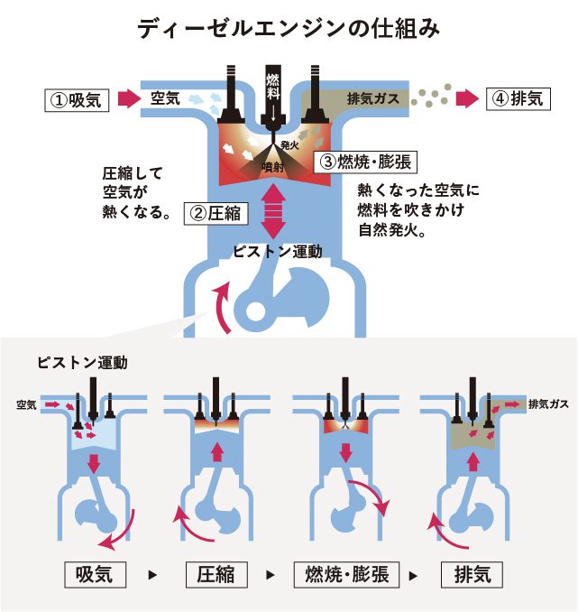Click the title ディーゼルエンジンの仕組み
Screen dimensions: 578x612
click(289, 29)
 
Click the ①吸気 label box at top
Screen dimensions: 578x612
click(77, 100)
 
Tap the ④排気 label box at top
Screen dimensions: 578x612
click(518, 98)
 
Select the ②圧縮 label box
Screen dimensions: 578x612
click(216, 214)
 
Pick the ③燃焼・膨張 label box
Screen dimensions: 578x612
click(365, 162)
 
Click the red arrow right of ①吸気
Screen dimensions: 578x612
click(129, 98)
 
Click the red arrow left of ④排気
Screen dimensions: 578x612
click(468, 98)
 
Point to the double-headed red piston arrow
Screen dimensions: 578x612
click(273, 210)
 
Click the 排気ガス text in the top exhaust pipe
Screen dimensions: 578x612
click(372, 98)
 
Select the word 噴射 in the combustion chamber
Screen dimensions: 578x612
click(272, 167)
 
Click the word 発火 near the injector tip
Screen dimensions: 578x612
click(289, 145)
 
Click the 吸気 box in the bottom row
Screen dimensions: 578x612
click(95, 574)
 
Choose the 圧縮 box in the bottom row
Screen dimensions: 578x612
click(216, 574)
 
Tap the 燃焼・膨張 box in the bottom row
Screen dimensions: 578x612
click(346, 574)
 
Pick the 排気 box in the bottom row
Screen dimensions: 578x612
click(472, 574)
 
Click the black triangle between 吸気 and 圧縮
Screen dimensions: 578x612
click(152, 575)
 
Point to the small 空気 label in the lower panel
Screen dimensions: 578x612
click(26, 404)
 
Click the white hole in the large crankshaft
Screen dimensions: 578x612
click(255, 311)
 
